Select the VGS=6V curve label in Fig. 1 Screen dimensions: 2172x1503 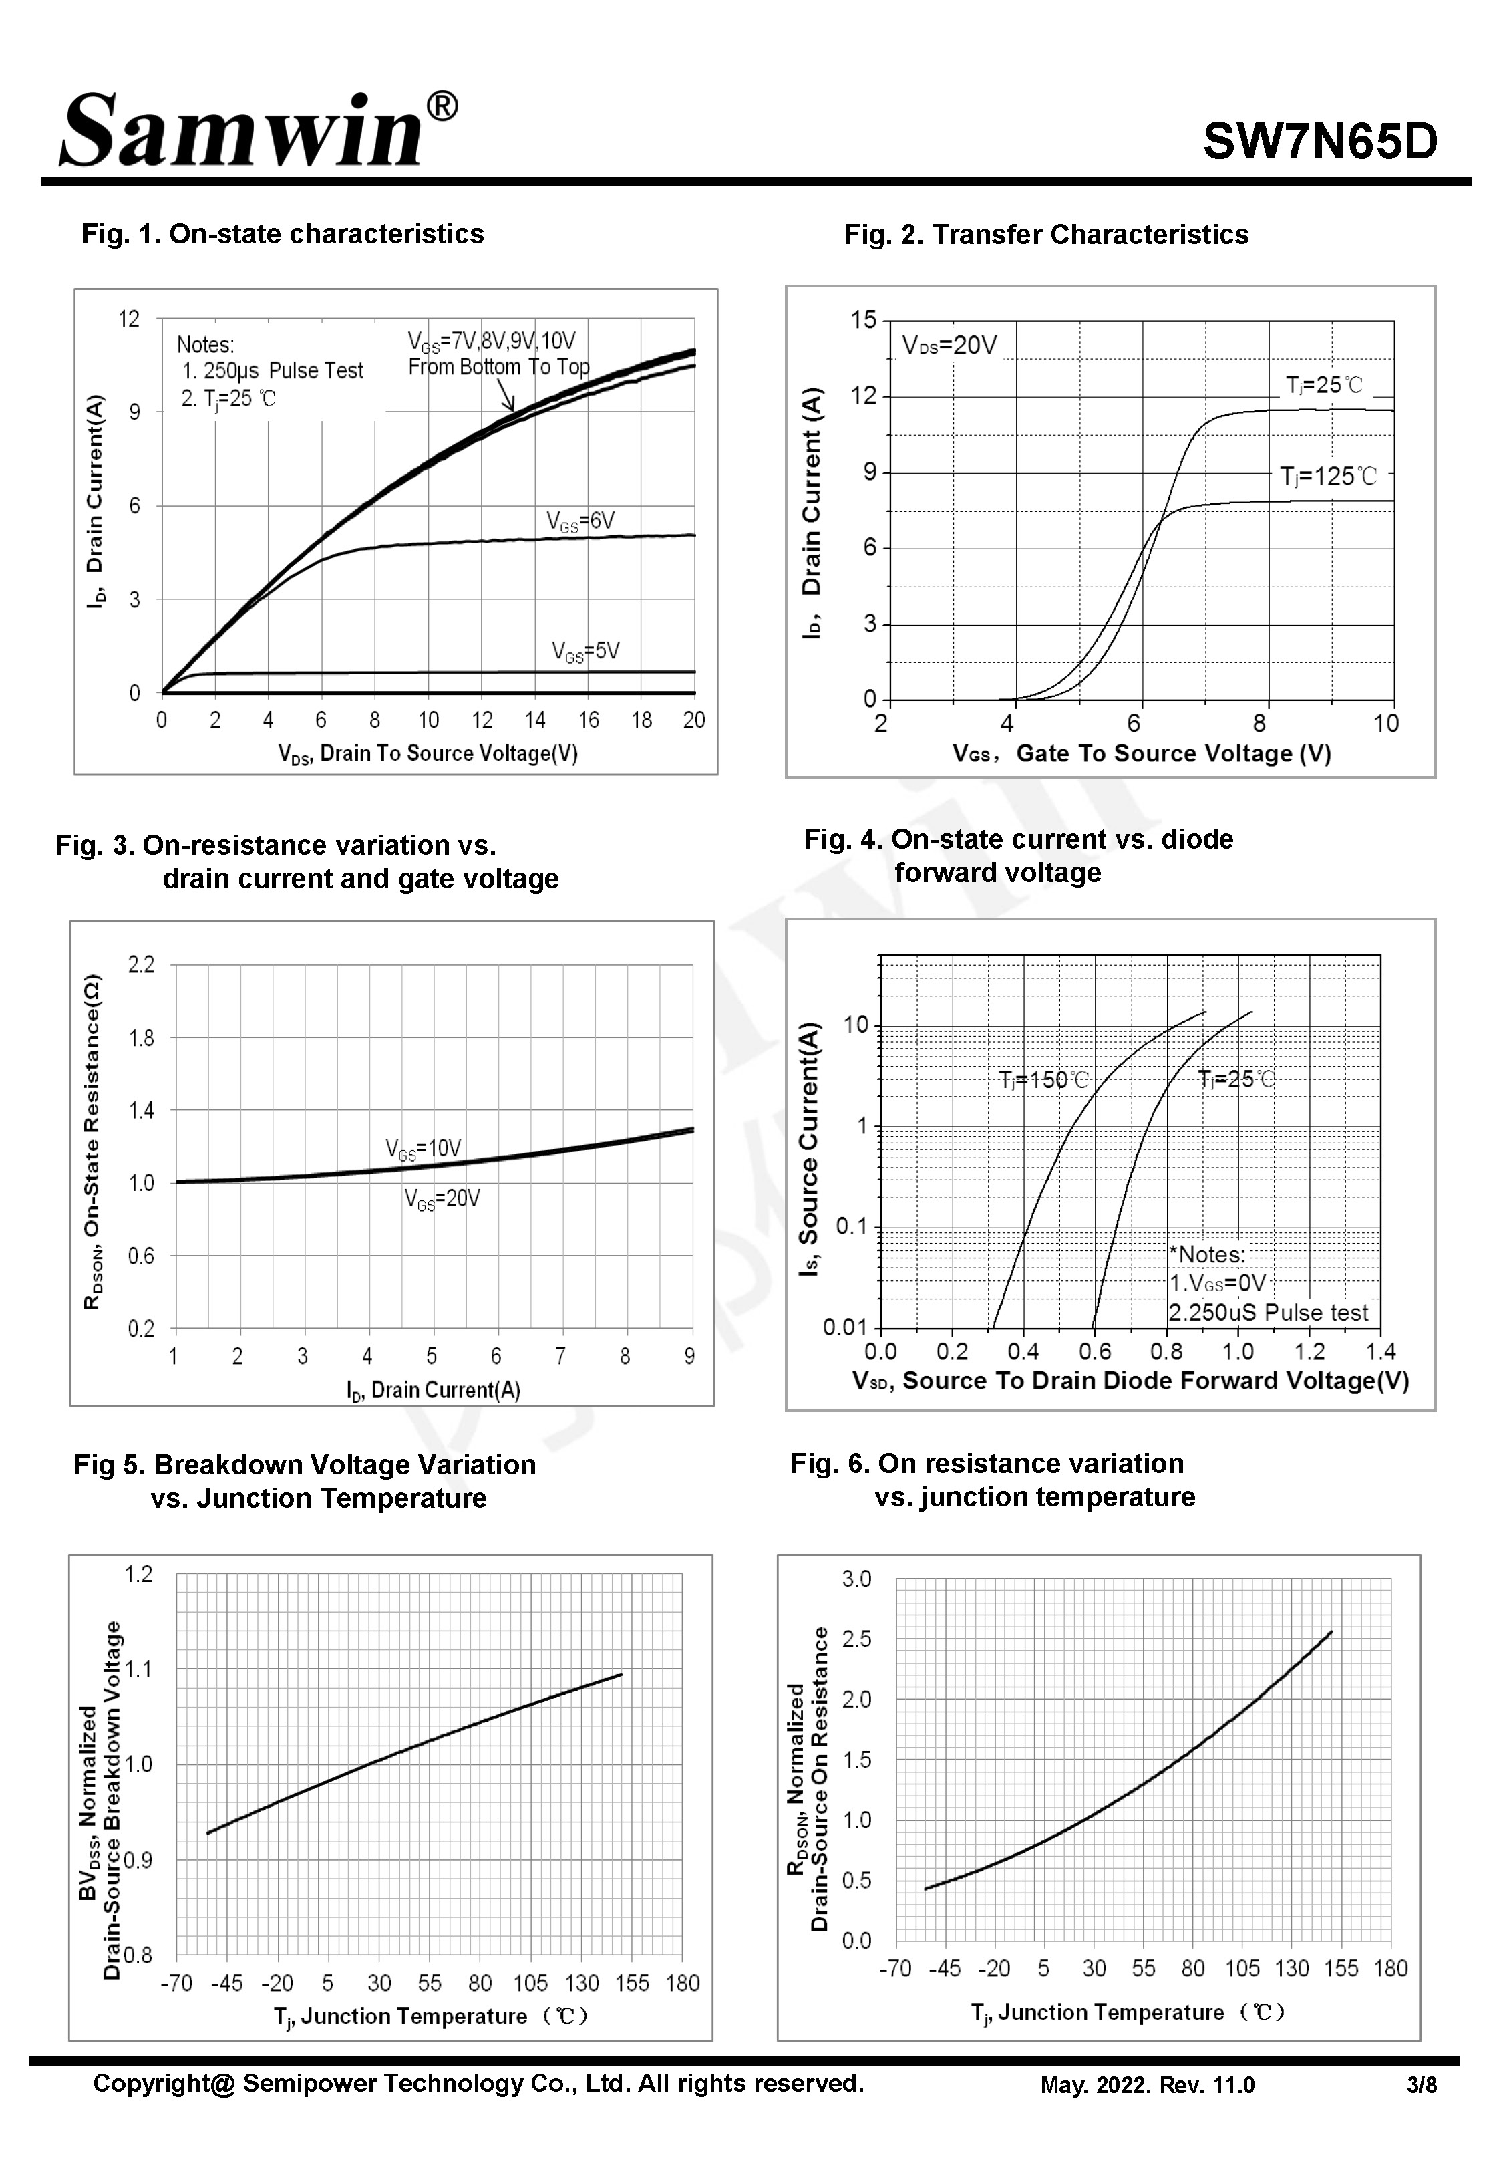point(580,521)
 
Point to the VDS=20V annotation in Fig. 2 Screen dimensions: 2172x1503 point(949,346)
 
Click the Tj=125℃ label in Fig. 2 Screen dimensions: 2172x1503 point(1328,477)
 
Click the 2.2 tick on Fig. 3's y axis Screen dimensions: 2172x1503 point(141,964)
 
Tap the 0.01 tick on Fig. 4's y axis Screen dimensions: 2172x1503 point(845,1327)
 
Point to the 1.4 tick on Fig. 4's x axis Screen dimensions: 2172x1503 point(1381,1353)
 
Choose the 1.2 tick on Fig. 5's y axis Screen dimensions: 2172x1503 point(138,1575)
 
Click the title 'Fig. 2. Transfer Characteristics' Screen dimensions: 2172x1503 point(1045,235)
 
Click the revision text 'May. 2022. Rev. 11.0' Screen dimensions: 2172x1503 point(1147,2085)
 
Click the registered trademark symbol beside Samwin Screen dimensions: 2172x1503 point(443,108)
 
